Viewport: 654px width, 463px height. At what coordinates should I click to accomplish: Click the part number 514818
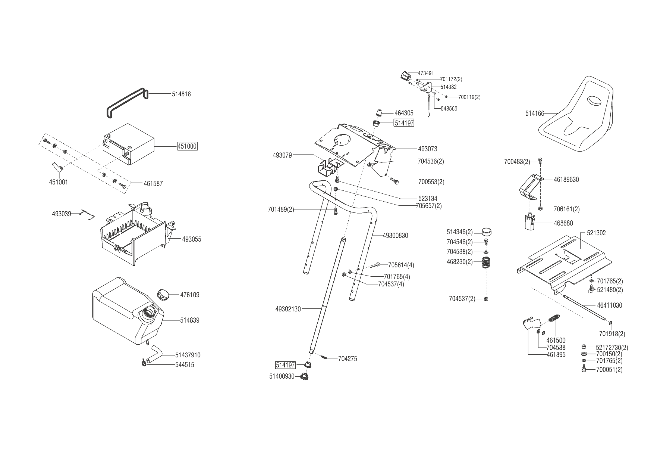coord(181,94)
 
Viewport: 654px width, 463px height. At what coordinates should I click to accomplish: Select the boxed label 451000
coord(187,146)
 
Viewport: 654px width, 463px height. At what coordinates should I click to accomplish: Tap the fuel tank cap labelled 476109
coord(163,294)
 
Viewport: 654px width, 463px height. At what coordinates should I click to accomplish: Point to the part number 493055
coord(192,239)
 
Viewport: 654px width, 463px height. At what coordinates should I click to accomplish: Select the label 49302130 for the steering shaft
coord(288,309)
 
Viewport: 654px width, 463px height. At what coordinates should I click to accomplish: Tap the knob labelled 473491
coord(405,76)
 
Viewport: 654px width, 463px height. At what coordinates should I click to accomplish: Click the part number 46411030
coord(610,305)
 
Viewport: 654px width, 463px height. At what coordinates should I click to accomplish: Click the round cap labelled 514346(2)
coord(486,232)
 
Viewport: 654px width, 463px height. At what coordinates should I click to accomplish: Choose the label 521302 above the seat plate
coord(596,233)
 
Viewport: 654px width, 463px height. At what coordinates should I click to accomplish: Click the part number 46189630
coord(566,179)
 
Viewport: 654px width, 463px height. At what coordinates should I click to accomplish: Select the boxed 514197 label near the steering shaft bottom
coord(285,365)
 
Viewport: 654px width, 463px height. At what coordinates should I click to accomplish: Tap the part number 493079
coord(282,155)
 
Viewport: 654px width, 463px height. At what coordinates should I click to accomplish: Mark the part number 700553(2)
coord(431,182)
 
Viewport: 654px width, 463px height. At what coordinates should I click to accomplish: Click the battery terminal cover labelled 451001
coord(57,167)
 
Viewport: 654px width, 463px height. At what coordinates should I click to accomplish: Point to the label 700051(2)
coord(609,370)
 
